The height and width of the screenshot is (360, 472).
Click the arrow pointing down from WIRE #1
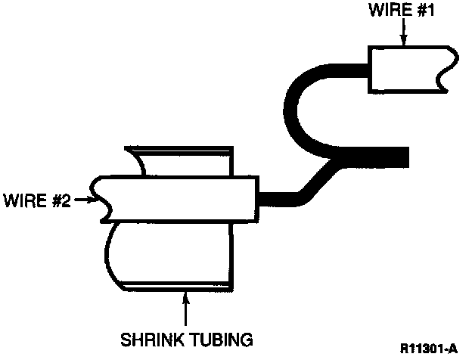405,35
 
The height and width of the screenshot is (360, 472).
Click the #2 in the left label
61,201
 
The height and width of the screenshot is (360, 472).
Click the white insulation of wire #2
174,198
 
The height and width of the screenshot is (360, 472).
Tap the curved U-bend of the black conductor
296,106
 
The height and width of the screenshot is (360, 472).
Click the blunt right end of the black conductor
404,157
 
